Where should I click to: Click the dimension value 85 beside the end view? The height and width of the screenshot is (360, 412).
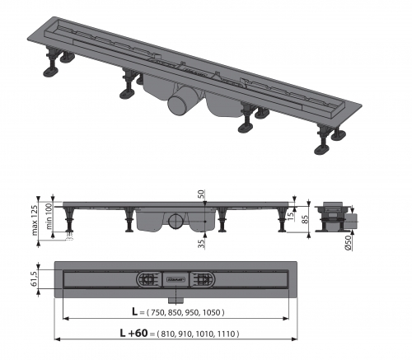pyautogui.click(x=306, y=219)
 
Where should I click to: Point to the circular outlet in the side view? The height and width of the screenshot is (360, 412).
pyautogui.click(x=176, y=222)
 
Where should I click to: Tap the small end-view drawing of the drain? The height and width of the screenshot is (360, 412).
pyautogui.click(x=332, y=216)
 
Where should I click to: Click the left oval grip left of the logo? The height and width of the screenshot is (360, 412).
pyautogui.click(x=148, y=278)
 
